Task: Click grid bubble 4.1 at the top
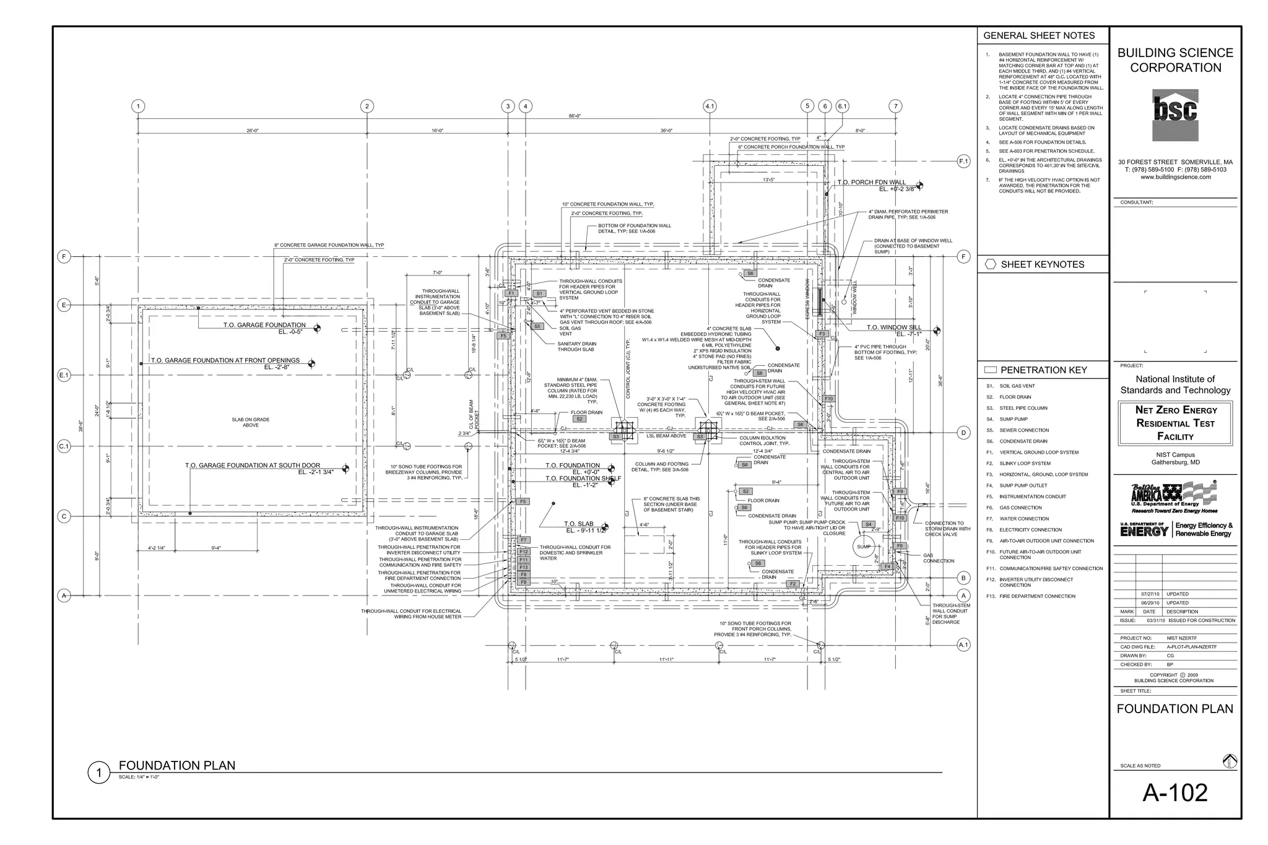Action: [x=710, y=106]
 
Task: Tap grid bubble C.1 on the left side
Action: [x=64, y=446]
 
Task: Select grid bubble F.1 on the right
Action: [x=963, y=162]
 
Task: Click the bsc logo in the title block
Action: [x=1175, y=115]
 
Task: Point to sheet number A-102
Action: [x=1175, y=792]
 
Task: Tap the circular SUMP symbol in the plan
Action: [x=864, y=547]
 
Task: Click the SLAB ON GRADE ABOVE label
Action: [x=251, y=422]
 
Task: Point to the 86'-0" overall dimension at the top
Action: [x=575, y=116]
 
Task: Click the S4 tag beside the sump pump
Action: [x=868, y=524]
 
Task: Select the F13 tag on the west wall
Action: [x=524, y=567]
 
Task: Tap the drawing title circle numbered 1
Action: [x=98, y=773]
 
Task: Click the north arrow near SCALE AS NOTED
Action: [x=1229, y=761]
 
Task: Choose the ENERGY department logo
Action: [x=1144, y=529]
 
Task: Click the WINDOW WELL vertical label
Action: [x=855, y=298]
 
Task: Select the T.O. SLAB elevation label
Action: [x=579, y=524]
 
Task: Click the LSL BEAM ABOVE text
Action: [x=666, y=436]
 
